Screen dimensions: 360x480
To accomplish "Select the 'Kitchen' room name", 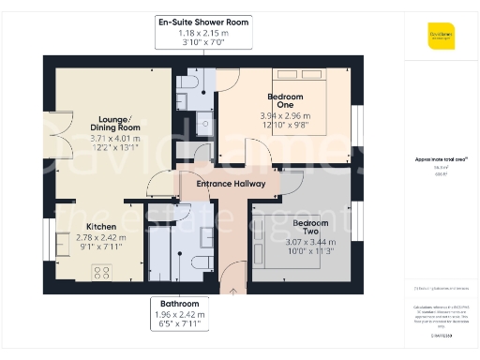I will pos(101,227).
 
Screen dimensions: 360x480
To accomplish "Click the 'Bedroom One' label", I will pos(286,100).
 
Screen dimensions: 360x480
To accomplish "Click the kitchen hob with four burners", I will pos(101,273).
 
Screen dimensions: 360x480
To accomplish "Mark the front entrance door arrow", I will pos(232,286).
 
